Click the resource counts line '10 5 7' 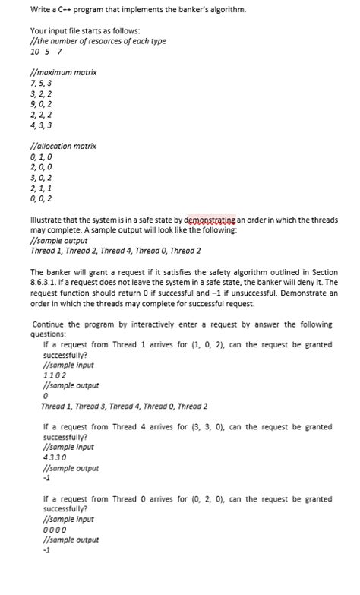(x=46, y=52)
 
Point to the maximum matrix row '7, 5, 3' (x=42, y=83)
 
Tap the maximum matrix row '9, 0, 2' (x=41, y=104)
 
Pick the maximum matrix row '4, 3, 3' (x=41, y=125)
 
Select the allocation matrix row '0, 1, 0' (x=41, y=157)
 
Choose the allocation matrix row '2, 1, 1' (x=41, y=188)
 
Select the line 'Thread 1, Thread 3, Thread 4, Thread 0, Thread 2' (x=124, y=407)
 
